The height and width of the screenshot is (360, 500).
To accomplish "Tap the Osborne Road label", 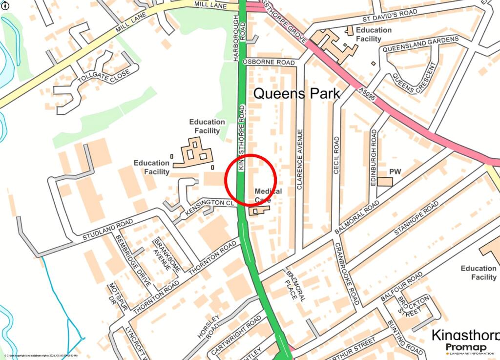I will tap(269, 63).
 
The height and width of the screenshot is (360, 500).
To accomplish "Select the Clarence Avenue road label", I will tap(300, 159).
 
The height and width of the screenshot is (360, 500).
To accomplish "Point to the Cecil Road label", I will tap(336, 155).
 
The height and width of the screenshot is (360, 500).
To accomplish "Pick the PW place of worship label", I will tap(395, 172).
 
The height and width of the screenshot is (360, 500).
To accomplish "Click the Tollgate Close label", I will tap(104, 77).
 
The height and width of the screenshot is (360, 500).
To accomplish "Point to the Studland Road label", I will tap(107, 230).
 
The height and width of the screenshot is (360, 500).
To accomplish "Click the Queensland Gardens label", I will tap(420, 44).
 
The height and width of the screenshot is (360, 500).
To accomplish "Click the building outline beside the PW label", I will tap(385, 182).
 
